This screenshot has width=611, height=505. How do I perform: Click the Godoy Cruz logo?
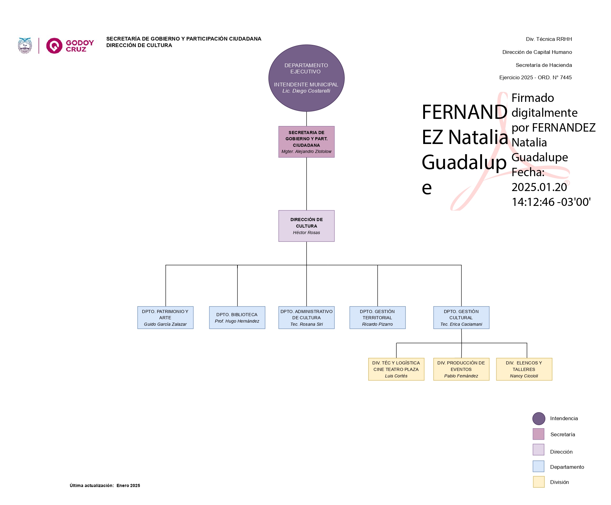click(x=70, y=46)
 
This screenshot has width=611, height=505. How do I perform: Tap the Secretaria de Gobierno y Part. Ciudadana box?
click(x=306, y=141)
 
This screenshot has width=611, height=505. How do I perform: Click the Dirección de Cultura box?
click(x=306, y=226)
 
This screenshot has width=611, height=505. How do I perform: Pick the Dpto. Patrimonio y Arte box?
click(x=165, y=317)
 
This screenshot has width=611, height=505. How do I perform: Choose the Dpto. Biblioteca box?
click(x=237, y=317)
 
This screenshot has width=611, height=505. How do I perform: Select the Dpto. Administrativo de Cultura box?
click(x=306, y=317)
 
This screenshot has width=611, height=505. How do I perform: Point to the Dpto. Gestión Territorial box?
click(x=377, y=317)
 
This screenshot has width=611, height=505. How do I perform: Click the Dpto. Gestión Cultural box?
click(x=461, y=317)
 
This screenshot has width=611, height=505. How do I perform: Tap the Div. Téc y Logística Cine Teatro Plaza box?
click(x=396, y=369)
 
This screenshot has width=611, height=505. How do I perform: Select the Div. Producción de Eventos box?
click(x=461, y=369)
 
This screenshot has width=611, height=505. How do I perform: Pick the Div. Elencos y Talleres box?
click(x=524, y=369)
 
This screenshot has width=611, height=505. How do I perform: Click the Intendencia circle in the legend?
click(x=538, y=418)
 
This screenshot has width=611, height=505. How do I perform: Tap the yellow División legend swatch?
click(x=538, y=482)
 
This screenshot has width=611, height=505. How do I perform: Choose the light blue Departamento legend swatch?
click(x=538, y=466)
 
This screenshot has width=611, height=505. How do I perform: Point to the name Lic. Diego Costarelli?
click(x=306, y=91)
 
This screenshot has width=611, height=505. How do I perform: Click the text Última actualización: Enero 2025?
click(x=105, y=485)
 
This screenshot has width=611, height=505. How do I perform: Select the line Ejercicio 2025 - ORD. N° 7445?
click(x=535, y=77)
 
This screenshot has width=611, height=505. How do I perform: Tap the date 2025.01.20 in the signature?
click(x=539, y=187)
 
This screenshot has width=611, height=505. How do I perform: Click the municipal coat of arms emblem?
click(x=25, y=46)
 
